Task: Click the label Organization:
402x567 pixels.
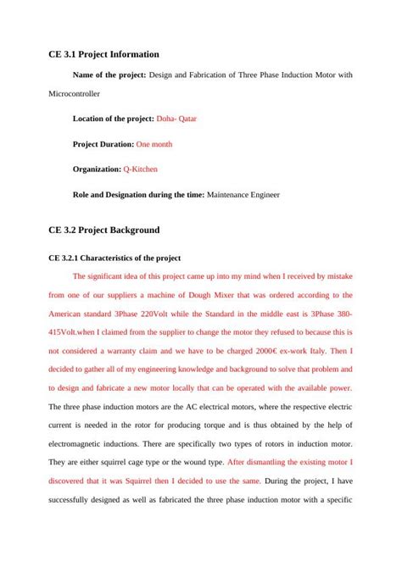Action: coord(97,170)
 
